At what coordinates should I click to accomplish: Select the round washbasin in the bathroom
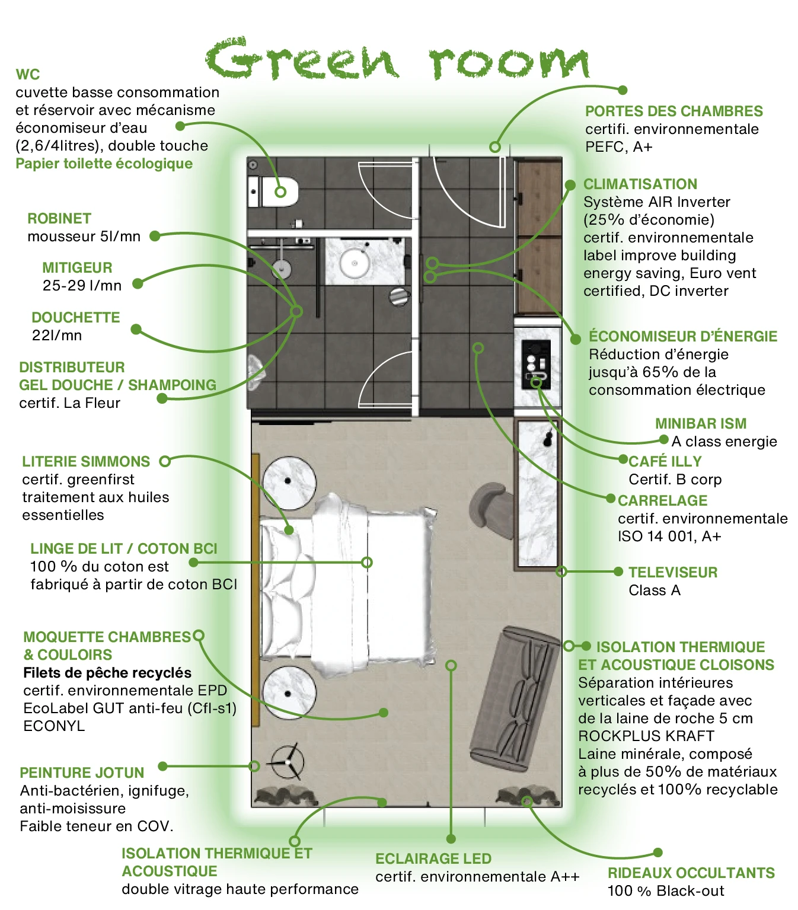[x=355, y=262]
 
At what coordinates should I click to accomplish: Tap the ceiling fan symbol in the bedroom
[x=287, y=762]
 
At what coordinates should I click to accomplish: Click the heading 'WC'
[x=28, y=75]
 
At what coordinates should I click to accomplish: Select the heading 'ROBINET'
[x=59, y=219]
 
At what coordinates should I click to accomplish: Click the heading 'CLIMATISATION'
[x=640, y=184]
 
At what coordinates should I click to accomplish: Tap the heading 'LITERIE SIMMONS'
[x=86, y=462]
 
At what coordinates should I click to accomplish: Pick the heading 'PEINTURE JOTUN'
[x=82, y=773]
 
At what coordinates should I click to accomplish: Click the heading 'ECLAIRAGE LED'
[x=433, y=859]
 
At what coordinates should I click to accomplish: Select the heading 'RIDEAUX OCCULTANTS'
[x=691, y=873]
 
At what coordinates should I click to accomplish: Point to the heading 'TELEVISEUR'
[x=673, y=573]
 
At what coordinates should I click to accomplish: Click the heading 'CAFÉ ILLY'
[x=665, y=461]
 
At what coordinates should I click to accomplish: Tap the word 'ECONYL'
[x=54, y=726]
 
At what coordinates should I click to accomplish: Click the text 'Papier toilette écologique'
[x=104, y=164]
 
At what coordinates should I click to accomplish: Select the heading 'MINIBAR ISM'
[x=701, y=423]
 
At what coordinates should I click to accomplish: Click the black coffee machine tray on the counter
[x=535, y=364]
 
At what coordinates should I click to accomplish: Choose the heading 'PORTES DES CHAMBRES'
[x=674, y=111]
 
